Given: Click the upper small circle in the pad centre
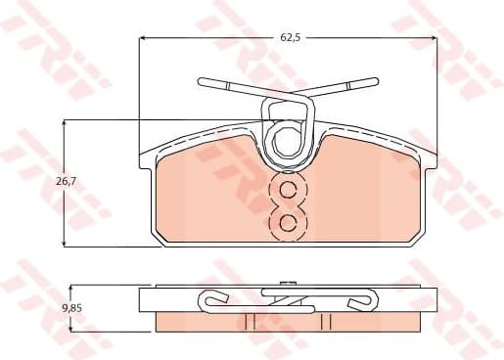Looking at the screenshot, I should [x=288, y=191].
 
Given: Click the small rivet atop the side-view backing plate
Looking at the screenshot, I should [x=289, y=285].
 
